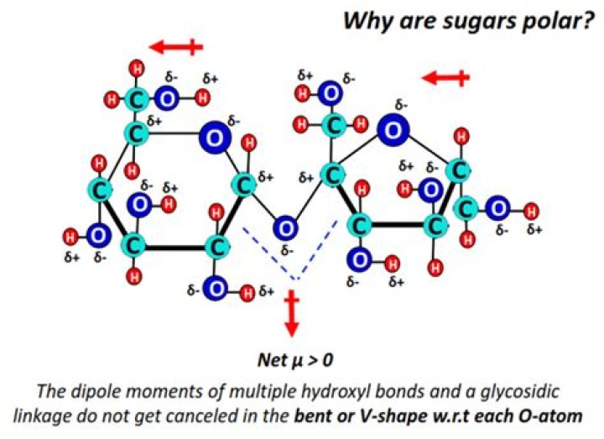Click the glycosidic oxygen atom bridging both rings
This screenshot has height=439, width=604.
286,227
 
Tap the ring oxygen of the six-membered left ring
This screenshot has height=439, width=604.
214,138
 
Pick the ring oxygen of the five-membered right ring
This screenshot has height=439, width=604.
392,130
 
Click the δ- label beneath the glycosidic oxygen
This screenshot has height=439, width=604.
287,250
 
